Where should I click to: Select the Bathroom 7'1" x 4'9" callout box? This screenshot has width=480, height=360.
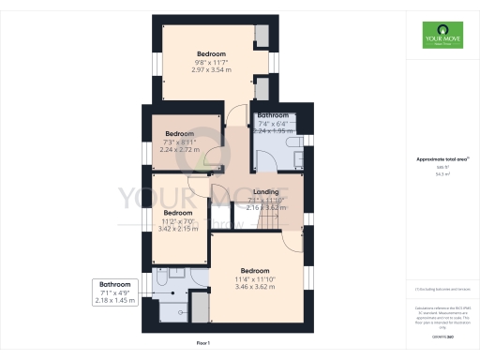(x=115, y=292)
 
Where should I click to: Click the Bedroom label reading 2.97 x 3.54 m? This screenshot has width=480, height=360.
(x=211, y=61)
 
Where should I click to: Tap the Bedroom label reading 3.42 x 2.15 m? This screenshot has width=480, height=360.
(x=178, y=221)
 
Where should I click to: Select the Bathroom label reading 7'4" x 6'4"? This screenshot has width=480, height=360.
(x=275, y=124)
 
